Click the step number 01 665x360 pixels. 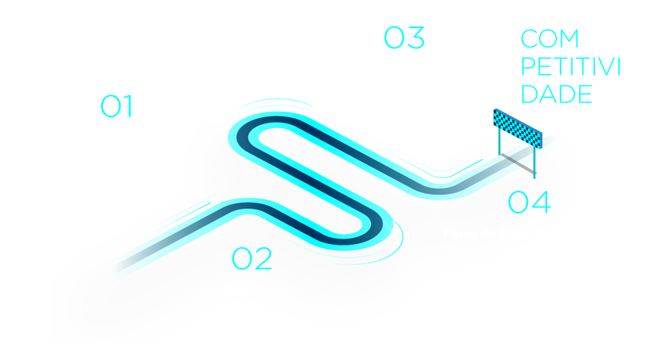[117, 107]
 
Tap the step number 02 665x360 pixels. [252, 259]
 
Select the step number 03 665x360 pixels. [404, 38]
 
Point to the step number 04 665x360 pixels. [530, 202]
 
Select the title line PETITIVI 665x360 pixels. [570, 67]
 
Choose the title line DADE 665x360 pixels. [556, 94]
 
